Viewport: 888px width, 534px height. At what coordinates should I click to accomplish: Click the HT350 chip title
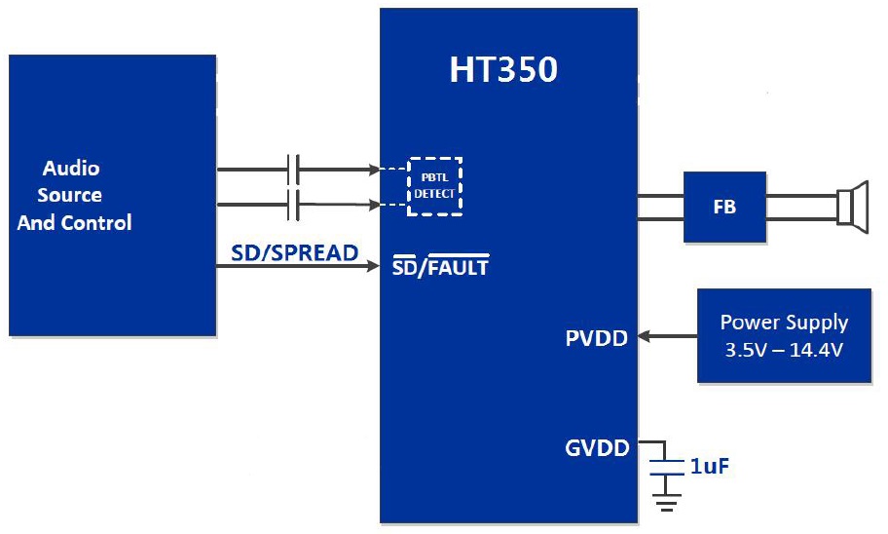[503, 70]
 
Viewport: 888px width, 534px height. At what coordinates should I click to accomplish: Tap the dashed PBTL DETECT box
[434, 186]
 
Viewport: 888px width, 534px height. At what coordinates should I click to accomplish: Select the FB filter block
[724, 207]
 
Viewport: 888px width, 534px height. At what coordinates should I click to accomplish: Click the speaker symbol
[852, 206]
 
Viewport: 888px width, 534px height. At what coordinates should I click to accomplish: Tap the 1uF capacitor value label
[710, 467]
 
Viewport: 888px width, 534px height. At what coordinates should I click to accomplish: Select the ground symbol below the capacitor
[666, 504]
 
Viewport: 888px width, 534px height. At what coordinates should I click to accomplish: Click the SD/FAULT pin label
[440, 265]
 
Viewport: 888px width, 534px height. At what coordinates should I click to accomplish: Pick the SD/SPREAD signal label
[294, 253]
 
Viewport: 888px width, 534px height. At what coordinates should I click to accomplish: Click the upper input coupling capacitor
[293, 170]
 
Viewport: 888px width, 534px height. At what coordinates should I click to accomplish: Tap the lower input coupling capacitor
[293, 205]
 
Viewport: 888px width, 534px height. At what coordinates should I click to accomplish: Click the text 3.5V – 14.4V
[784, 348]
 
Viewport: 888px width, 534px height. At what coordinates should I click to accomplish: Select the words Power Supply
[784, 323]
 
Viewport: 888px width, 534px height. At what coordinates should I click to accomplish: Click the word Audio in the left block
[71, 168]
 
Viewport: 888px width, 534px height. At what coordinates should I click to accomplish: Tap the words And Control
[75, 222]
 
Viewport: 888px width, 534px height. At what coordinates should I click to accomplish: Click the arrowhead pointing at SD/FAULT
[373, 266]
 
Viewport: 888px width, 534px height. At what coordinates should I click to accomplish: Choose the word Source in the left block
[70, 195]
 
